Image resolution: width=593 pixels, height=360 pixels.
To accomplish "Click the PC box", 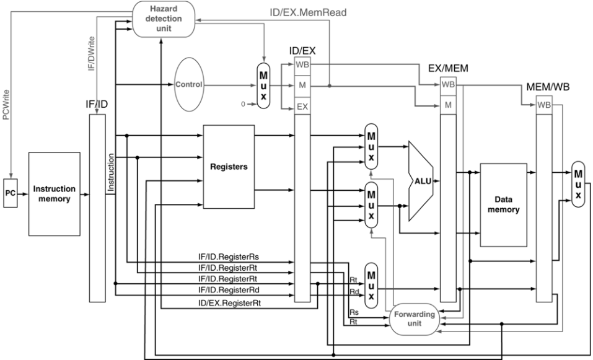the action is tap(10, 193).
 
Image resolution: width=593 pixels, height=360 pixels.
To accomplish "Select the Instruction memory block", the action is tap(55, 194).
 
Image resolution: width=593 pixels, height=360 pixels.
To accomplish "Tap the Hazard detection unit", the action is tap(164, 19).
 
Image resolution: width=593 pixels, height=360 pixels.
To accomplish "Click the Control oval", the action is tap(189, 84).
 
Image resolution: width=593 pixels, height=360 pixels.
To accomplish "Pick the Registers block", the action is tap(229, 167).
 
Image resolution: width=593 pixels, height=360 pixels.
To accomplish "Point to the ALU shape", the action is tap(421, 181).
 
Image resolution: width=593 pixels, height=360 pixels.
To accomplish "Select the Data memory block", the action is tap(503, 205).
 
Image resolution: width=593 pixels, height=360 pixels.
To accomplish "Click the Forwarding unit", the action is tap(415, 319).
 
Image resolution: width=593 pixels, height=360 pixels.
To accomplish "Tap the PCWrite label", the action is tap(6, 105).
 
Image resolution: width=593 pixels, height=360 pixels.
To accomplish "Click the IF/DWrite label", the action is tap(91, 54).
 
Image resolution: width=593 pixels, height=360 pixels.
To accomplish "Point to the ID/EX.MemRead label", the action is tap(308, 12).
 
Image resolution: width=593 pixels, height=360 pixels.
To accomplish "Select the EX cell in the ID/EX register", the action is tap(302, 107).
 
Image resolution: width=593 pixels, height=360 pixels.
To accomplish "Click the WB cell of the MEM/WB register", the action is tap(544, 105).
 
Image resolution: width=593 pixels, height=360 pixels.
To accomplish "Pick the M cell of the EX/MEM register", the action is tap(448, 105).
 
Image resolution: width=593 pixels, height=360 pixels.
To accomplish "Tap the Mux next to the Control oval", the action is tap(263, 86).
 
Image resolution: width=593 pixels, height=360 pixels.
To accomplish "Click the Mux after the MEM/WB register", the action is tap(578, 184).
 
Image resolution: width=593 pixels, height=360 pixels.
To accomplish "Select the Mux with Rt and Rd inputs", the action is tap(371, 286).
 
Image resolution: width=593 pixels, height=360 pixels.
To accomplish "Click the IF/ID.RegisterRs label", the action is tap(229, 257).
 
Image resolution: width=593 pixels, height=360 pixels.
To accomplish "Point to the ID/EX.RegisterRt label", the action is tap(229, 303).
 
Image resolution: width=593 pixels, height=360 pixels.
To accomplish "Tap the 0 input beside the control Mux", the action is tap(243, 104).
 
